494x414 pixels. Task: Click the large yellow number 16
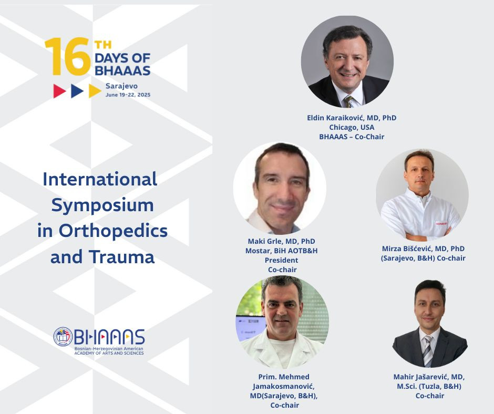(68, 57)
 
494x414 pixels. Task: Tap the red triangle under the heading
(59, 91)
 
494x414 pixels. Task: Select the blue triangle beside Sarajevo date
(77, 91)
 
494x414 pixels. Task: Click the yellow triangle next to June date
(95, 91)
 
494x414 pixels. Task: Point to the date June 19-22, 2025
(128, 95)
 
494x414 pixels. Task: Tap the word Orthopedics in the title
(113, 231)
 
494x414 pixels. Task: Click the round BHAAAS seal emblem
(63, 336)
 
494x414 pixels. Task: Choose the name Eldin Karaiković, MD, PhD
(352, 118)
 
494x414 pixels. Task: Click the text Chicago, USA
(352, 127)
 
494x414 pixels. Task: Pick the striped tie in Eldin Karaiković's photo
(349, 101)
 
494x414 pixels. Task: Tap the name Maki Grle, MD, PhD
(281, 241)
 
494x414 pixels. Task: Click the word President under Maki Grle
(281, 260)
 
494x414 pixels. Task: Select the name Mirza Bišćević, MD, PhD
(423, 249)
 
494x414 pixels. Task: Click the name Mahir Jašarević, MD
(429, 377)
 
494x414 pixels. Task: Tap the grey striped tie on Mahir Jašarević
(428, 351)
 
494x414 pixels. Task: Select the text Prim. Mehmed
(284, 377)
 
